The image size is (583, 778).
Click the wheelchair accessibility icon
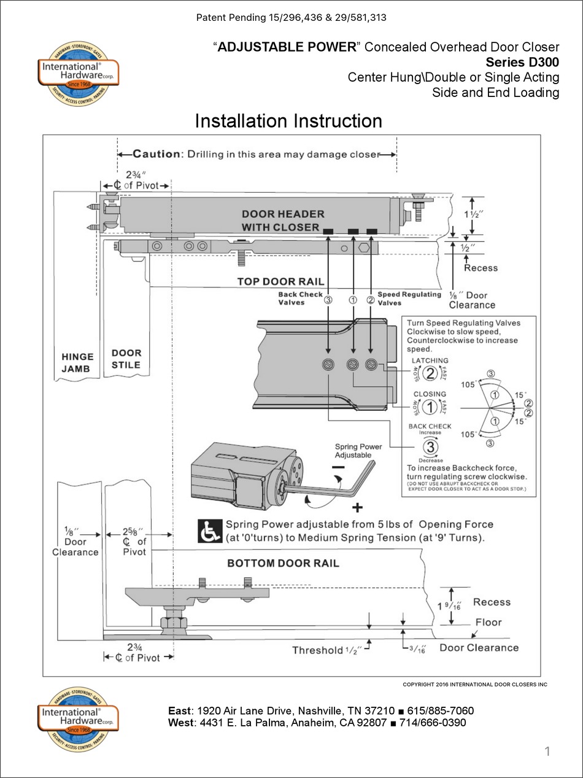tap(209, 531)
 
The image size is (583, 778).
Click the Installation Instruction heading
tap(288, 121)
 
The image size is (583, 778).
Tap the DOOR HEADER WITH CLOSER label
tap(282, 220)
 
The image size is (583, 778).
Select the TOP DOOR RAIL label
tap(280, 282)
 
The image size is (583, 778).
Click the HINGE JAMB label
tap(77, 362)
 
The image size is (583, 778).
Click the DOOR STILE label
tap(126, 359)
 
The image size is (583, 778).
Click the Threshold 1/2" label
tap(326, 650)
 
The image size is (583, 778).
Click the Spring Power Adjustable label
tap(358, 451)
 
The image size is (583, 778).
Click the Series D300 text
tap(522, 62)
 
